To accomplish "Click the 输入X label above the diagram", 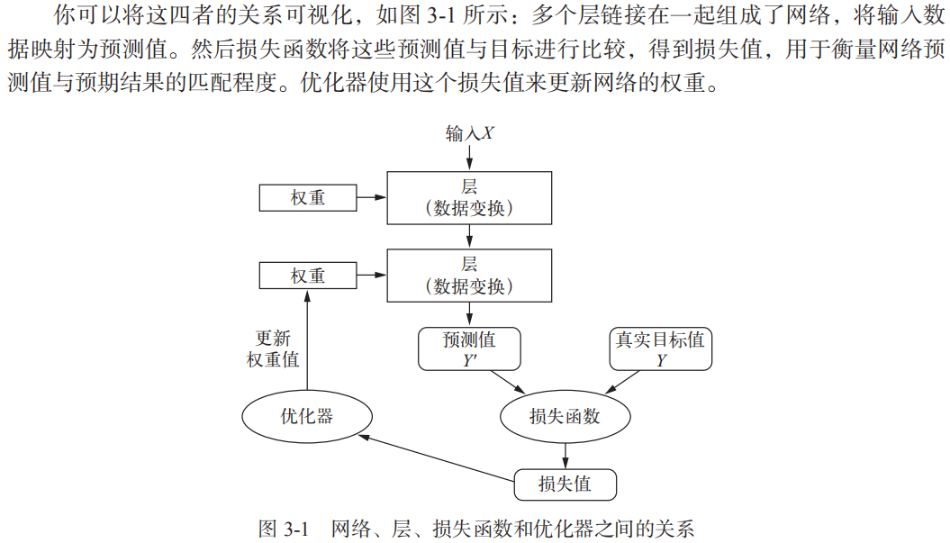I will point(469,133).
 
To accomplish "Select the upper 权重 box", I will point(307,198).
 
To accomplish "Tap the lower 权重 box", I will point(307,276).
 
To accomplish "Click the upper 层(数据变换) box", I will point(468,198).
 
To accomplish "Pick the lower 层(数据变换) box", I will point(468,276).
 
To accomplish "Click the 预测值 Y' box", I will point(468,349).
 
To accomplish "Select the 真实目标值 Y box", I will point(660,349).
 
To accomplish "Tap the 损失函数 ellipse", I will point(565,417).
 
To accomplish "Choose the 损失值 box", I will point(565,484).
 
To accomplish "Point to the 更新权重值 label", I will point(273,348).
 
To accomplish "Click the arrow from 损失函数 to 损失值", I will point(565,455).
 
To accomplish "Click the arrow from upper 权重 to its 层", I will point(371,197).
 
